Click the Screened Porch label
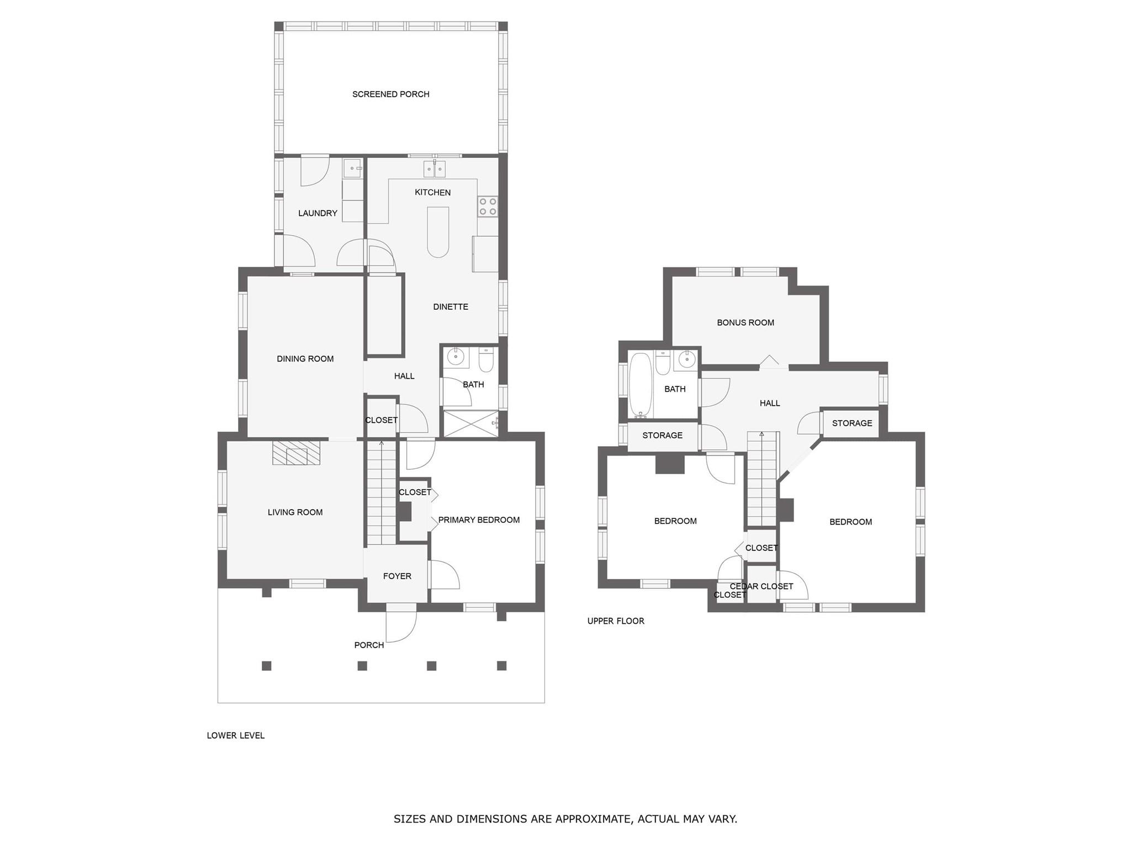pos(390,94)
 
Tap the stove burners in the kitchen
pos(488,206)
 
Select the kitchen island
pos(438,232)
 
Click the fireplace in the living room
pos(297,453)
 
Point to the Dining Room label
pos(305,359)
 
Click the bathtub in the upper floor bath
pos(641,385)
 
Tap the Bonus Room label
pos(745,322)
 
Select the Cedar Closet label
pos(761,586)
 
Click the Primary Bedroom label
pos(479,520)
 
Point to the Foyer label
pos(397,576)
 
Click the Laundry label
pos(318,213)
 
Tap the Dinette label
pos(451,307)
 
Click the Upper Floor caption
pos(615,621)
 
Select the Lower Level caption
pos(235,735)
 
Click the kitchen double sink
pos(434,169)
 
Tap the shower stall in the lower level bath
pos(471,424)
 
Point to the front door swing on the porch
pos(401,627)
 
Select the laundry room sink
pos(352,168)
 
